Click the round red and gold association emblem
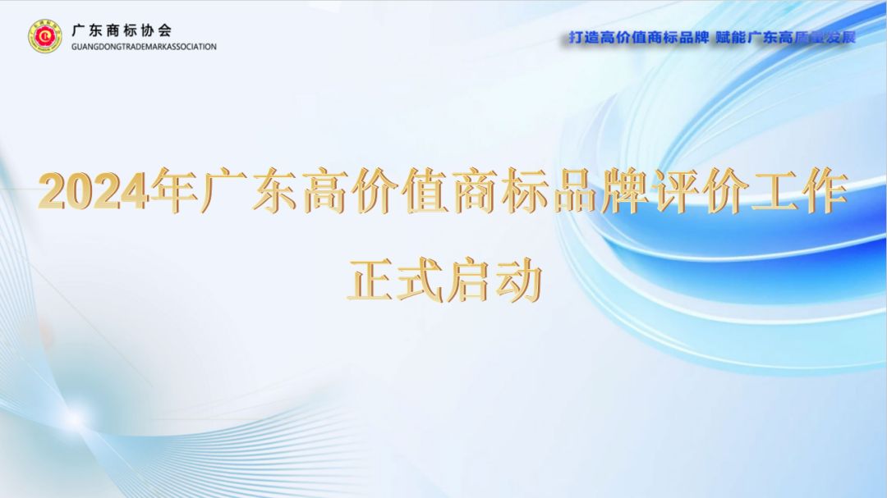45,36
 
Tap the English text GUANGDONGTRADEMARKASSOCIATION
144,47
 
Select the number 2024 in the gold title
94,191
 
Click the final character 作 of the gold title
825,190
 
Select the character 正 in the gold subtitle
370,280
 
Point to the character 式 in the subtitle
420,280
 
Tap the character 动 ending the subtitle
518,280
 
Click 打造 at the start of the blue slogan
583,38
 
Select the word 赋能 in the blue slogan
731,38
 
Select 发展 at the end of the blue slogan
841,38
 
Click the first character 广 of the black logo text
79,30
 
